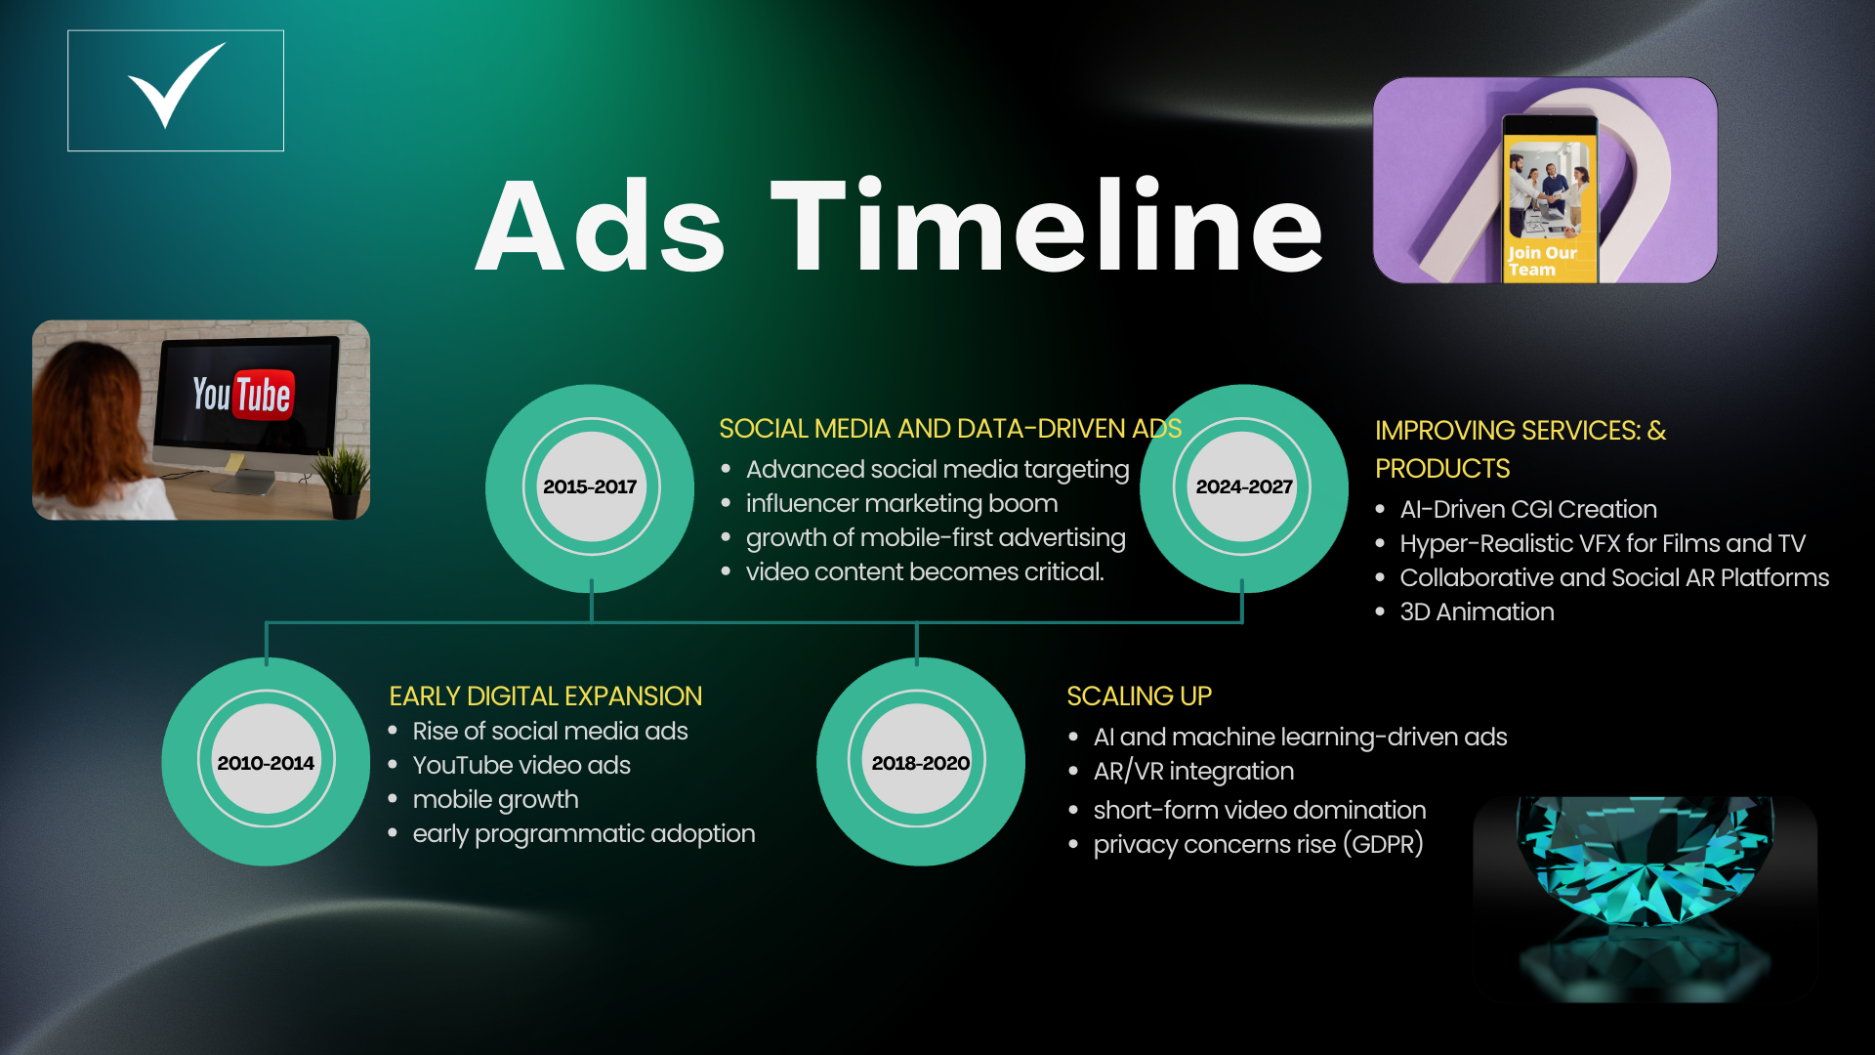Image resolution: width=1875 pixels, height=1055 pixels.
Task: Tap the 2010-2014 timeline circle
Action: (266, 762)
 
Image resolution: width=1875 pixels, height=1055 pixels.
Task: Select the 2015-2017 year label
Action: (590, 486)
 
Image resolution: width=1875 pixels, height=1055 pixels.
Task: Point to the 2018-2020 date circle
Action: (920, 762)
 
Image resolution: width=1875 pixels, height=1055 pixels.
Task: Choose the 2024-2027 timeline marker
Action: (1244, 487)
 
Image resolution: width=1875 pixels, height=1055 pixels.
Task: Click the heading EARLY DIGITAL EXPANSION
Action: (546, 696)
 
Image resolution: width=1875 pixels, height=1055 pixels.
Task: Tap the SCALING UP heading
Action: (1139, 696)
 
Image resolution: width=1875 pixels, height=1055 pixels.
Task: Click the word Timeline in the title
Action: (1047, 227)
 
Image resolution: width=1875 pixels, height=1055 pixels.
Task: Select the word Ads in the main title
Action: (601, 227)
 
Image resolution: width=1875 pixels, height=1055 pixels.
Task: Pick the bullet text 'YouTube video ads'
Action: (521, 765)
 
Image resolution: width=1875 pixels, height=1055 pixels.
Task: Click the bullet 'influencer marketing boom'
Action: (901, 503)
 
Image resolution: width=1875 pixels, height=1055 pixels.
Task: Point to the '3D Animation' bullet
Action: (1477, 612)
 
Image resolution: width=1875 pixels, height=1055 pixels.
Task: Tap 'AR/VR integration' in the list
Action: (1193, 771)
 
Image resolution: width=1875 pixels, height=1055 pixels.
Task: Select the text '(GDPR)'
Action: (1383, 844)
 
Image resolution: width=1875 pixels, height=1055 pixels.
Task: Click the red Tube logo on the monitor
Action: (263, 395)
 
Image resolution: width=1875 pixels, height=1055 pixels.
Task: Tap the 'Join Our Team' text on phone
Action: (1541, 261)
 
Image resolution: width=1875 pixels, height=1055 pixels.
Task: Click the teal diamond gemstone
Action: (1645, 860)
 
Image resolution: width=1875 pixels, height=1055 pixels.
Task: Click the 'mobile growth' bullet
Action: (495, 800)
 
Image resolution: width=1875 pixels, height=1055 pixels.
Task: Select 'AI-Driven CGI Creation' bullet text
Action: (1528, 509)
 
